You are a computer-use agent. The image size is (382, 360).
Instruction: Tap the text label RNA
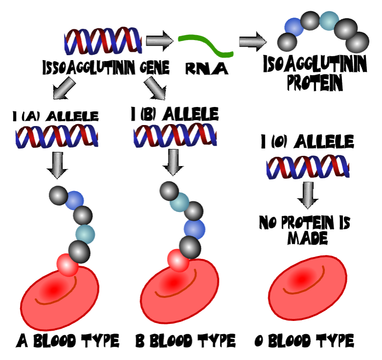[x=207, y=69]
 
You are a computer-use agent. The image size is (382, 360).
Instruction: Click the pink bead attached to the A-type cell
[x=67, y=264]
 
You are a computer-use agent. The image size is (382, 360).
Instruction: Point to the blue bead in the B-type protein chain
[x=194, y=228]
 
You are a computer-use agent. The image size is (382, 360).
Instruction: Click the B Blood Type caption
[x=185, y=340]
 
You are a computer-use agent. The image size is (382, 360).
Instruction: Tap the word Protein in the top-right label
[x=315, y=83]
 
